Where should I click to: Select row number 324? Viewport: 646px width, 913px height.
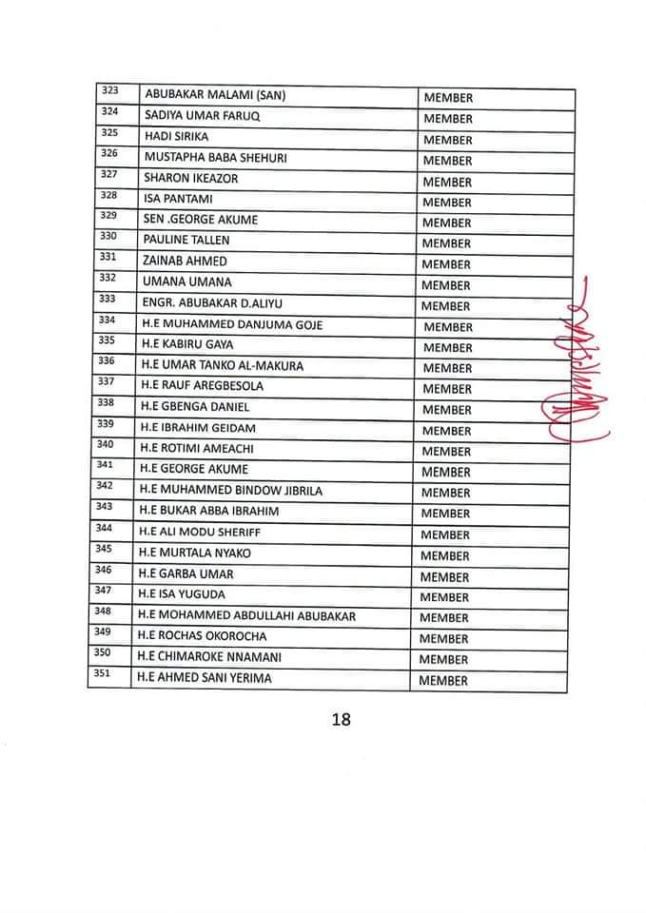[109, 112]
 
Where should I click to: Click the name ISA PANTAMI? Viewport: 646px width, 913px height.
[178, 201]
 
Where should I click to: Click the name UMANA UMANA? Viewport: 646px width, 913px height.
[186, 283]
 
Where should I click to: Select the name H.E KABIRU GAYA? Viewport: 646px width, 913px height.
[186, 345]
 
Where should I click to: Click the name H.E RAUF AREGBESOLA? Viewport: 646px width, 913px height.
[202, 387]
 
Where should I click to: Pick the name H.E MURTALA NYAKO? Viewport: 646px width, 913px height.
[195, 554]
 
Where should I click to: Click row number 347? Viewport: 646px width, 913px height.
[105, 591]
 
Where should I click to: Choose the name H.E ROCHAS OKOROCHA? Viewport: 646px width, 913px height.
[202, 637]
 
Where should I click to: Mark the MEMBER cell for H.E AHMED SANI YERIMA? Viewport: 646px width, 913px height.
[442, 681]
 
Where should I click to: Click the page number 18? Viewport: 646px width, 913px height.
[342, 719]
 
